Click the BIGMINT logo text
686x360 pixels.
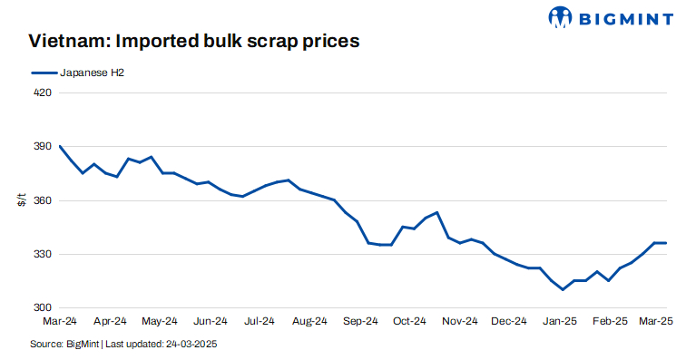(x=625, y=17)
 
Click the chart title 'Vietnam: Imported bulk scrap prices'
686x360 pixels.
(x=194, y=41)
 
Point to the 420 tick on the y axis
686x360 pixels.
(x=40, y=92)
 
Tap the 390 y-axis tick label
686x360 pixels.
(x=40, y=146)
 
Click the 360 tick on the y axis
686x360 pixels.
(x=40, y=200)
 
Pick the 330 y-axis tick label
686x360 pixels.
(x=40, y=254)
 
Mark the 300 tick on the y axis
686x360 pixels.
(x=40, y=308)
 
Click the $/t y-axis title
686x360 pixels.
(x=22, y=200)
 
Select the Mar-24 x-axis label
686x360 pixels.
(x=60, y=321)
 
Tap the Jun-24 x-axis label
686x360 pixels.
(x=210, y=321)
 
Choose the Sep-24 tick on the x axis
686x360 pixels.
(x=360, y=321)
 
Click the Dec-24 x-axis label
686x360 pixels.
(x=510, y=321)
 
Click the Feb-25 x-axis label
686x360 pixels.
(x=610, y=321)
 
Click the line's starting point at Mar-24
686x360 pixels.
(x=60, y=146)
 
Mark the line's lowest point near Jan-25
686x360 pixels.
(x=563, y=289)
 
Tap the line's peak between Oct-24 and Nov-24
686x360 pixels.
(x=437, y=212)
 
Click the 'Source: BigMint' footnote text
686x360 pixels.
(x=64, y=345)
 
